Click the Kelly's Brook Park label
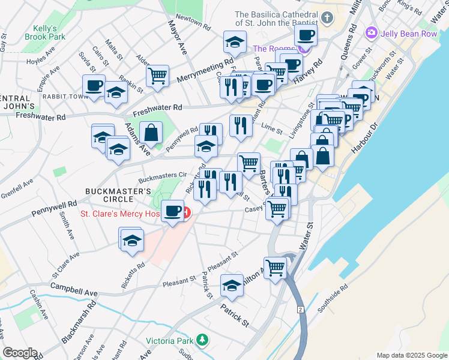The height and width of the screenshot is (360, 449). (41, 32)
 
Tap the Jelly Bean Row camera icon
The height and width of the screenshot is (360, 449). (372, 32)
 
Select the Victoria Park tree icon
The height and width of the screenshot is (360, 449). (203, 341)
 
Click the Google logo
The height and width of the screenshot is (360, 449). (20, 353)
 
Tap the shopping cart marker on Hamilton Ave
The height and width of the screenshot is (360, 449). (275, 267)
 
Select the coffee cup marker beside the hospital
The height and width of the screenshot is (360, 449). (173, 211)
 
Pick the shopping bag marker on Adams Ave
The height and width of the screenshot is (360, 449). (151, 132)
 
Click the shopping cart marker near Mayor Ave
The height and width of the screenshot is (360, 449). (157, 76)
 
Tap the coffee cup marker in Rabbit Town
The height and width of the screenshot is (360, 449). (94, 85)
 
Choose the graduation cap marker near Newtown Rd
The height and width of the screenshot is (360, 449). (235, 41)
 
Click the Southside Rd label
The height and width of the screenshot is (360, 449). (333, 299)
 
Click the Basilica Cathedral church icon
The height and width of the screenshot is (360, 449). (327, 17)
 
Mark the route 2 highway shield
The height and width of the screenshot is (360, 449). (300, 309)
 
